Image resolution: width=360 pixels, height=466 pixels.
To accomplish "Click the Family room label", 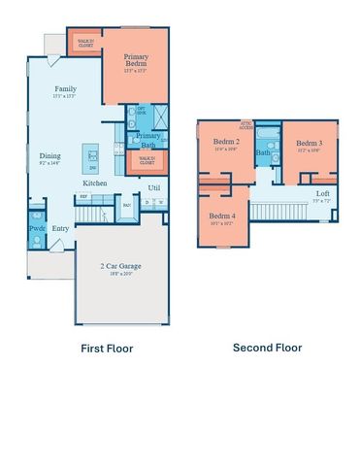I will [65, 88].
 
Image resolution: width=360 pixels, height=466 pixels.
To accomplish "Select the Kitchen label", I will [94, 183].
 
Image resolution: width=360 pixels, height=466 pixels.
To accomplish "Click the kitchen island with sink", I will [94, 155].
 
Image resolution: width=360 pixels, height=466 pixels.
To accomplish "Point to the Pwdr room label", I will [37, 229].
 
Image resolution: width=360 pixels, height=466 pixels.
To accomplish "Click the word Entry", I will [61, 229].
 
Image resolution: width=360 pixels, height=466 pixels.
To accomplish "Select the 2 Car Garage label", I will [122, 266].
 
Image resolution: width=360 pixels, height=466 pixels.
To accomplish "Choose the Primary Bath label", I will [147, 141].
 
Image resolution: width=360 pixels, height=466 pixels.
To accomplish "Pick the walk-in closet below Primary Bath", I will [147, 161].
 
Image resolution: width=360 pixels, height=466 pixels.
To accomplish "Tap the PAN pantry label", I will [127, 205].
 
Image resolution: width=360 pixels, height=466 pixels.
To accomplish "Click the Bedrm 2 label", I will [226, 142].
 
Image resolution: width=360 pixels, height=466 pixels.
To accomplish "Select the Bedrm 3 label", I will [310, 144].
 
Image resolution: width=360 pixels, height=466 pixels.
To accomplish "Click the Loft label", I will [321, 193].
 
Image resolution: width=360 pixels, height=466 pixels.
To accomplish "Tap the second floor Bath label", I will [264, 152].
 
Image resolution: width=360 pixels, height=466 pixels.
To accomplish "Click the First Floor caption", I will [106, 348].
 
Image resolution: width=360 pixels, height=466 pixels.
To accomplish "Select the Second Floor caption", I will [267, 348].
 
